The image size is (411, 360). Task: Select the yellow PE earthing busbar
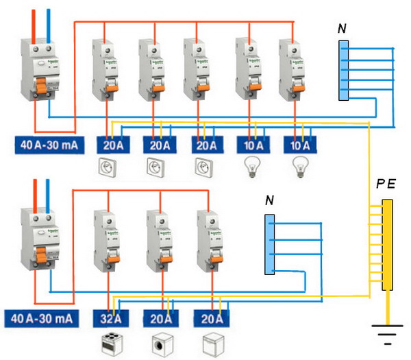387,244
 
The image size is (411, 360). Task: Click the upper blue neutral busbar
344,71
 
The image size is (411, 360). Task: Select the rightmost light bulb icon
298,167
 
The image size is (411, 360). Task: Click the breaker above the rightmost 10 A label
291,69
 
